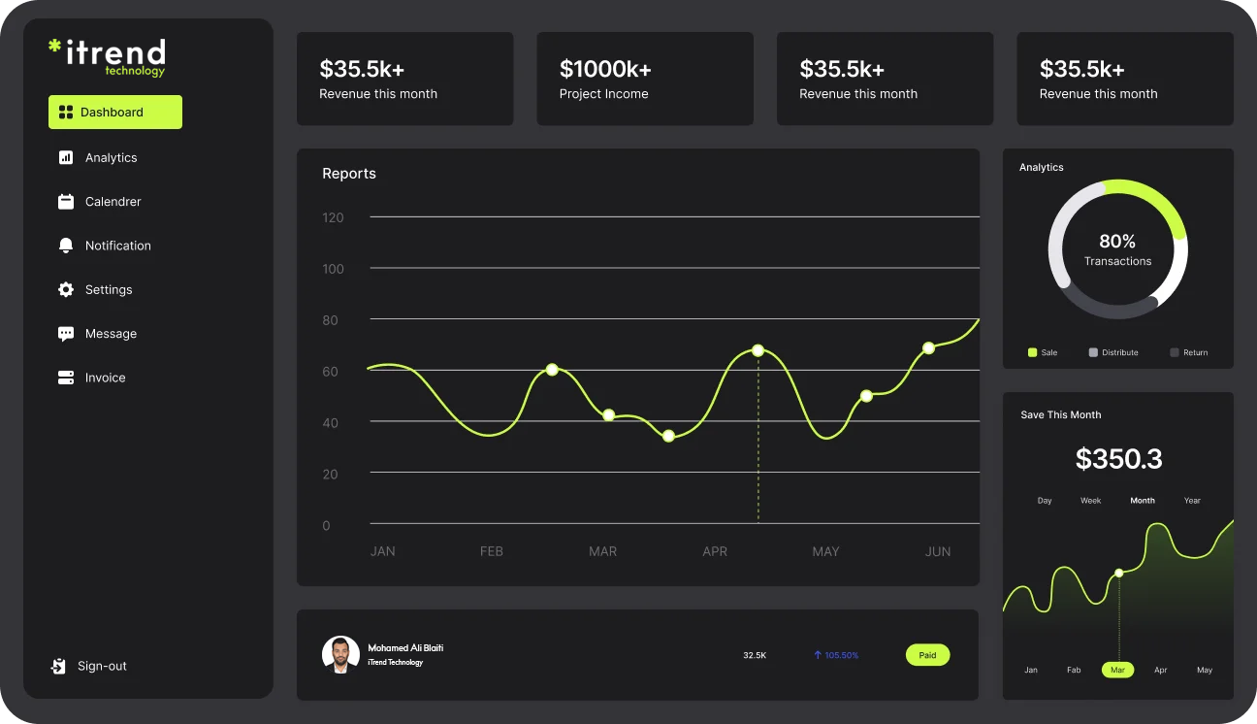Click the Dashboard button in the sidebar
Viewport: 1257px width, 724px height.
click(114, 113)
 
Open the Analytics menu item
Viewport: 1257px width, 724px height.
click(111, 158)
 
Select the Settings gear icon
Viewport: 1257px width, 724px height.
click(66, 290)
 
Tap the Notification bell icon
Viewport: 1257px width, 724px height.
click(66, 246)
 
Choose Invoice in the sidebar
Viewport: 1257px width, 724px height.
click(105, 378)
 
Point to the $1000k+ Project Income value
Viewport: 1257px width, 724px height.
click(605, 69)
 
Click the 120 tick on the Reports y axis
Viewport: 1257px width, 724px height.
click(333, 217)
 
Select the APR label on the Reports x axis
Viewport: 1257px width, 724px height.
click(715, 551)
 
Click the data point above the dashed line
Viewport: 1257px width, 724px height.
click(757, 350)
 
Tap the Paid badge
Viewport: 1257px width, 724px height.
click(927, 655)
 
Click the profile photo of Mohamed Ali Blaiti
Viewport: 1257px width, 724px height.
click(340, 655)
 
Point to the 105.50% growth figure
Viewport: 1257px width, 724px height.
click(836, 655)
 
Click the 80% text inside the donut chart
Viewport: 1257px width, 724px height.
click(1117, 242)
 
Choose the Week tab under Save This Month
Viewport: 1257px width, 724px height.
click(1091, 501)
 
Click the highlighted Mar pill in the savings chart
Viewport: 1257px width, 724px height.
click(1117, 670)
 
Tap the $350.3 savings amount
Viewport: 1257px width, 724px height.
click(1118, 459)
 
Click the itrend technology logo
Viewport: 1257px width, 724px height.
click(107, 56)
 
